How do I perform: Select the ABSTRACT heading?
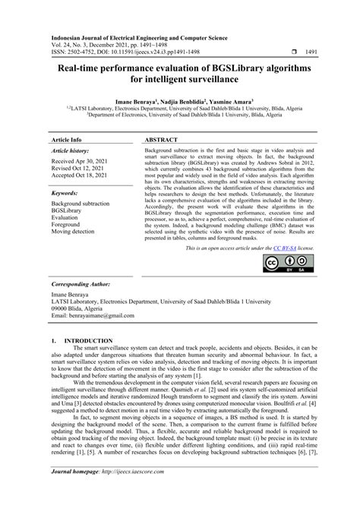click(161, 141)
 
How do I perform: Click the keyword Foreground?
click(68, 223)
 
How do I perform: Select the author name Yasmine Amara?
click(229, 102)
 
